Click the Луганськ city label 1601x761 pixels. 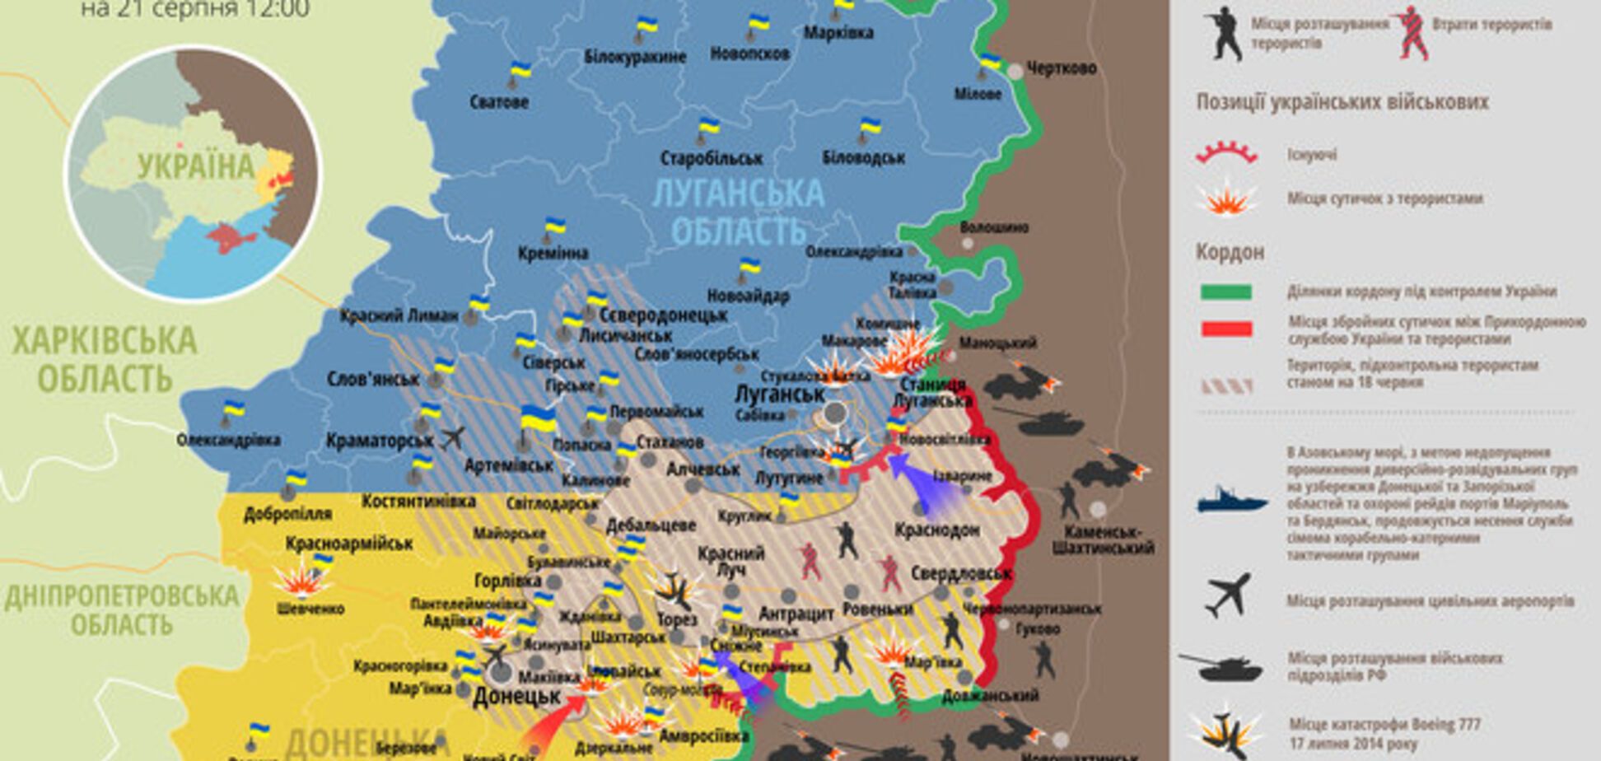(x=778, y=395)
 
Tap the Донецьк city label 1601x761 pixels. (x=516, y=697)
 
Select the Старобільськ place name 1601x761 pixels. (x=712, y=158)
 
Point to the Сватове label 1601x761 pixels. (x=499, y=103)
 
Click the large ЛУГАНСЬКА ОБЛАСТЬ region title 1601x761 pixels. (x=738, y=212)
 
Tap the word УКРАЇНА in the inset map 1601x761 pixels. (x=196, y=166)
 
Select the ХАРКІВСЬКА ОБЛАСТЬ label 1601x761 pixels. (x=105, y=359)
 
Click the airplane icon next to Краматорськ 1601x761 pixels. (x=452, y=437)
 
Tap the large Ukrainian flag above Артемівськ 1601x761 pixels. (x=538, y=418)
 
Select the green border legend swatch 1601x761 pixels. (x=1226, y=292)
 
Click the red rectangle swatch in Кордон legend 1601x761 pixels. (x=1226, y=329)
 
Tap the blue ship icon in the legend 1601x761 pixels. (x=1231, y=500)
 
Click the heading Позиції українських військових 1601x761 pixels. (x=1342, y=103)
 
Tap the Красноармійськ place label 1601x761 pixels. (x=349, y=544)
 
